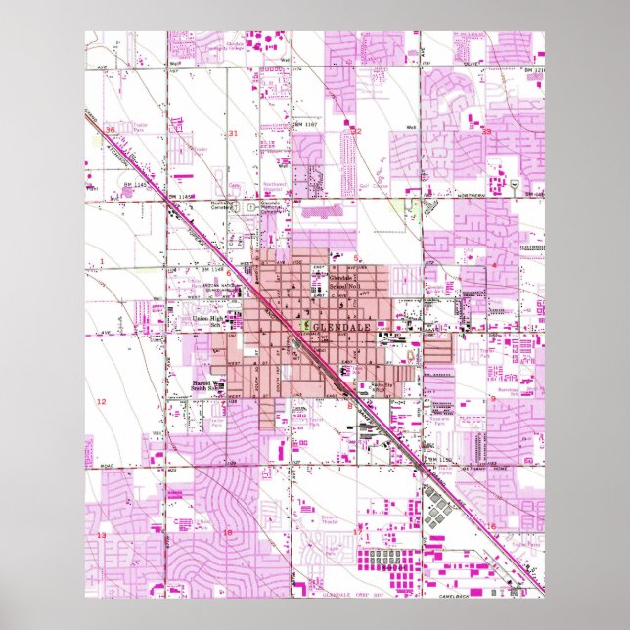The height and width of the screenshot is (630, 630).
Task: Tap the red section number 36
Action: point(111,129)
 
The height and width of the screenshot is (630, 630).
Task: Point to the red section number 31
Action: point(233,133)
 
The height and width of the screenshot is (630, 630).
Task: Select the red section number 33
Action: point(486,131)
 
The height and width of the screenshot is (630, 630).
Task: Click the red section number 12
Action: point(101,402)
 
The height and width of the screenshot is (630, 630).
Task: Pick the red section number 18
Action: point(228,532)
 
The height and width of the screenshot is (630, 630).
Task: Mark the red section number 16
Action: point(492,527)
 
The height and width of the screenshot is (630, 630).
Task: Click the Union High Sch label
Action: point(207,321)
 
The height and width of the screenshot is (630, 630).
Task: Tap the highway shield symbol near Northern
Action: point(513,184)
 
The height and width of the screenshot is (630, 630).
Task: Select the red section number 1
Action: point(102,261)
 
